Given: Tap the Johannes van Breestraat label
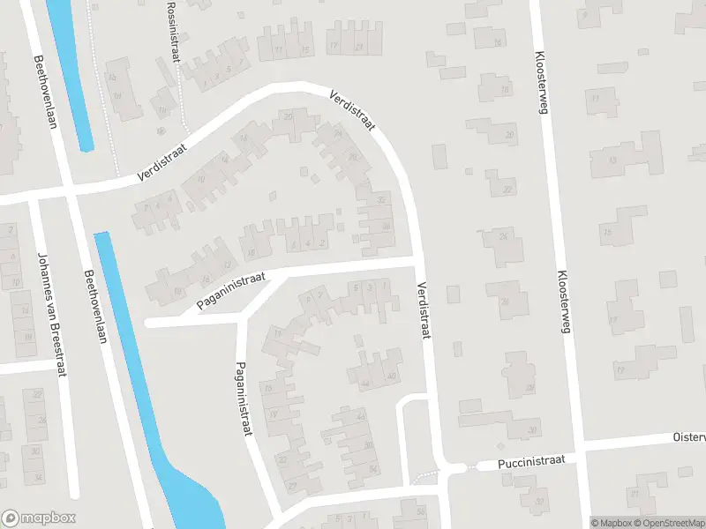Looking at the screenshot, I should click(49, 315).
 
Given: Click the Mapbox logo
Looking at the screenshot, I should click(38, 518).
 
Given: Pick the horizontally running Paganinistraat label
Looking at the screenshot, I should click(231, 291).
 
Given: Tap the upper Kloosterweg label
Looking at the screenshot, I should click(540, 82).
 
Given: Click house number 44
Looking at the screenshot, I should click(365, 384).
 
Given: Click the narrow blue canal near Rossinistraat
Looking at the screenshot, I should click(72, 71).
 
